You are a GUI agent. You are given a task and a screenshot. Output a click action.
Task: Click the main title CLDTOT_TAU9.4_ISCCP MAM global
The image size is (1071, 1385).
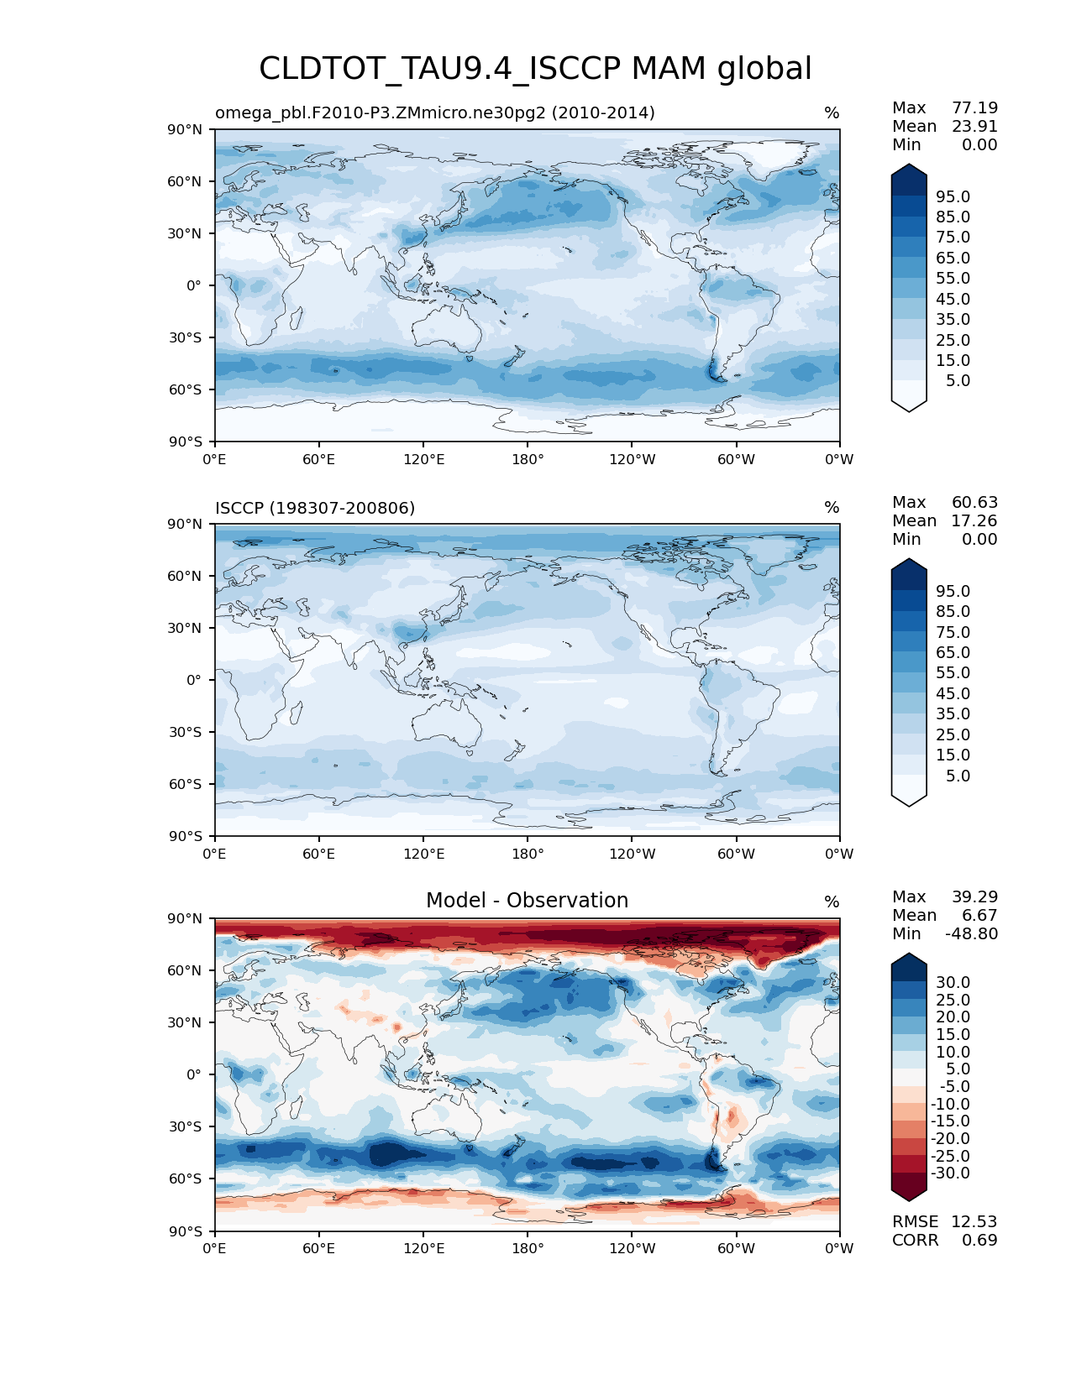click(535, 69)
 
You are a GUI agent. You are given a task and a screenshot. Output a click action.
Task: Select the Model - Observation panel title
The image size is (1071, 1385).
click(527, 901)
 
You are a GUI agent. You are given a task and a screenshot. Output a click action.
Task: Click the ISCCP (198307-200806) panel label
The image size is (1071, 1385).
click(315, 508)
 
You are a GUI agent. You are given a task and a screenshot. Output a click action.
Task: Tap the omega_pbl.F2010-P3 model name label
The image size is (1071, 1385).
click(434, 112)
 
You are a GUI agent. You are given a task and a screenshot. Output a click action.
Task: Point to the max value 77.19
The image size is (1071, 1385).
click(974, 107)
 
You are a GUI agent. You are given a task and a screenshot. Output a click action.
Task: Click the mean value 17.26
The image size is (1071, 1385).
click(974, 520)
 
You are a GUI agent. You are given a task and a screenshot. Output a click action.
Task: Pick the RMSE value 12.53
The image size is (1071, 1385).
click(974, 1221)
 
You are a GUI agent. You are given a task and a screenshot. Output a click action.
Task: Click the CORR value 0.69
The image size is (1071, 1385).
click(979, 1240)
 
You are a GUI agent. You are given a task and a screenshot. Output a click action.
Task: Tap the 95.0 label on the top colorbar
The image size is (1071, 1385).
click(953, 196)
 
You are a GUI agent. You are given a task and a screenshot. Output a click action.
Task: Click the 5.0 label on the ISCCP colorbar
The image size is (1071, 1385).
click(958, 776)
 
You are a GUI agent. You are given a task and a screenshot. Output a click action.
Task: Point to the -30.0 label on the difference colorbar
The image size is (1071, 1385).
click(951, 1173)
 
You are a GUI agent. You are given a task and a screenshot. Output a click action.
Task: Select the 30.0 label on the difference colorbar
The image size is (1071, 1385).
click(953, 982)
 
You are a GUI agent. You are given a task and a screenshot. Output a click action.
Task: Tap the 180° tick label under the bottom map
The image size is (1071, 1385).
click(528, 1248)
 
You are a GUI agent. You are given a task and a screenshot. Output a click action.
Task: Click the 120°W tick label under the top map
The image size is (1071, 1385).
click(632, 459)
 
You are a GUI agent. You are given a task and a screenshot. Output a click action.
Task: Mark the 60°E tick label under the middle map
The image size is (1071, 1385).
click(319, 854)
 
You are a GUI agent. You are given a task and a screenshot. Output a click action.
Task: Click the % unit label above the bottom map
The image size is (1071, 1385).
click(832, 902)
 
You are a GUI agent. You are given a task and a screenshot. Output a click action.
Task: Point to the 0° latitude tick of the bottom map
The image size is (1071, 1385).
click(194, 1074)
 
